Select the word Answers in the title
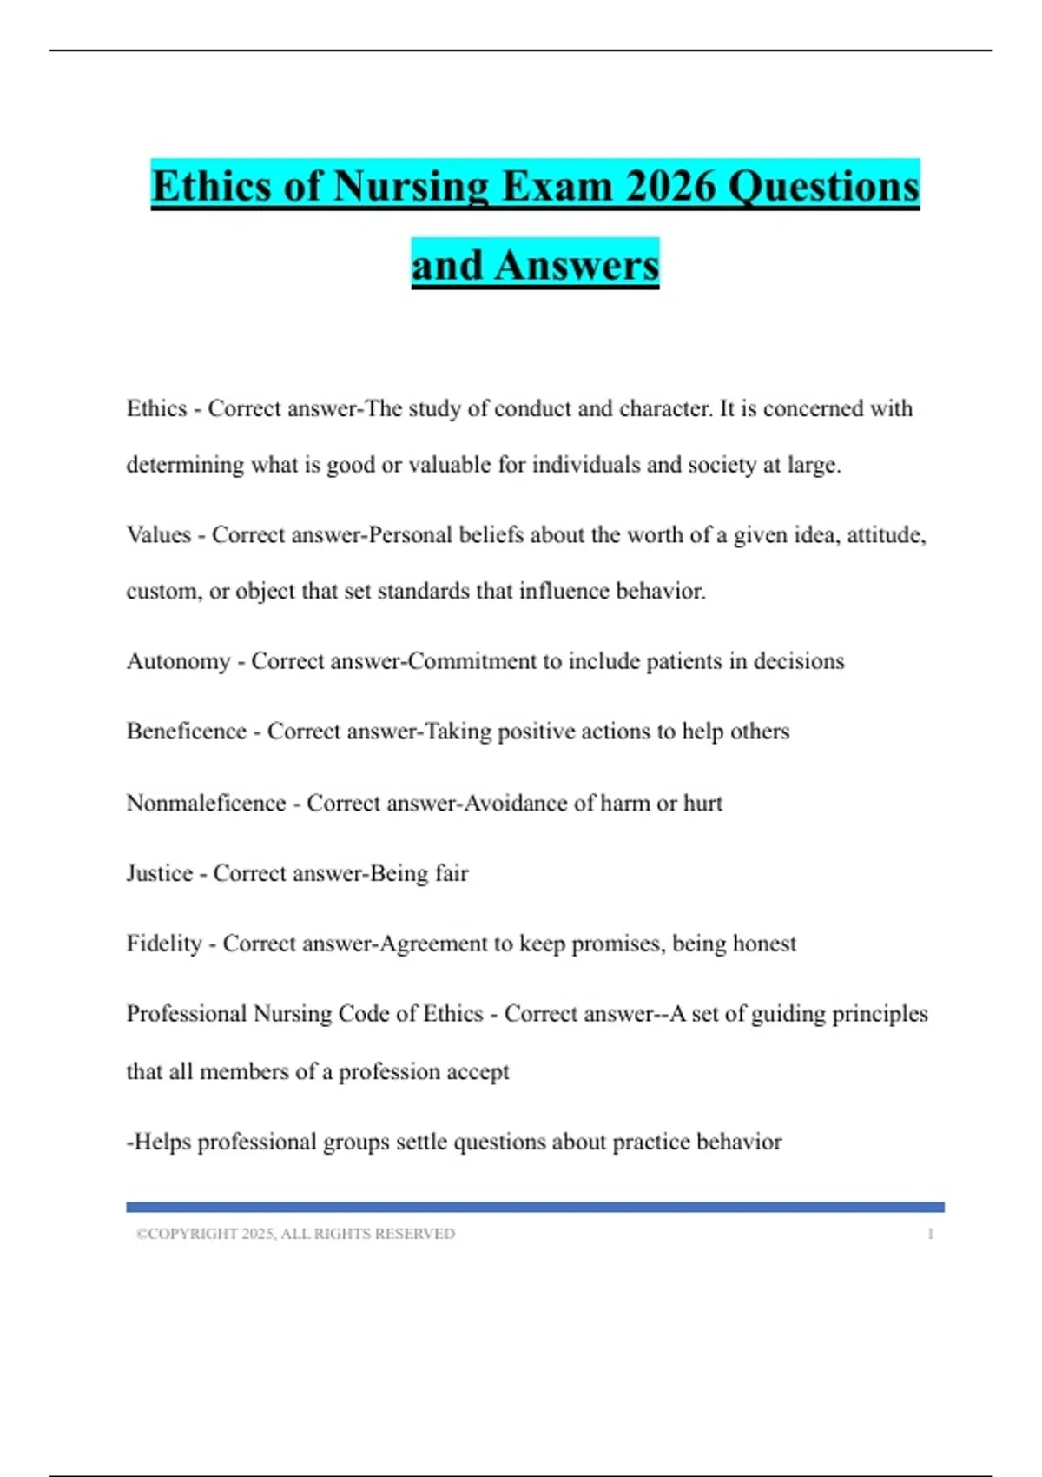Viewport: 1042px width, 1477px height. pos(577,265)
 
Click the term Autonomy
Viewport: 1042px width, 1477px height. pos(178,662)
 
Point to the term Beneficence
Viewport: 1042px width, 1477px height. pos(187,732)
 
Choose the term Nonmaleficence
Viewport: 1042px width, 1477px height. pos(206,803)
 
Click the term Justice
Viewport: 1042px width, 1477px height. pos(160,873)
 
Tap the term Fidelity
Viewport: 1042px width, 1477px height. pos(164,944)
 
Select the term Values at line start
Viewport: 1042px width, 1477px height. pos(158,535)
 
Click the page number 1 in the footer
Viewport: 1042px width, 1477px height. pos(930,1234)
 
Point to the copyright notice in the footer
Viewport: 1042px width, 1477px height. pos(295,1234)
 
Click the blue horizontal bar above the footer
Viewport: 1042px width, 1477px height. pos(535,1207)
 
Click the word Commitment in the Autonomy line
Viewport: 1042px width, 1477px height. pos(472,662)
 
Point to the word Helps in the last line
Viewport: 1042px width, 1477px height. pos(162,1142)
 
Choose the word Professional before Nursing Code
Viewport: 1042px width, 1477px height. pos(186,1014)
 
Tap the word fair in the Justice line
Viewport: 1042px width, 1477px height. pos(452,873)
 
